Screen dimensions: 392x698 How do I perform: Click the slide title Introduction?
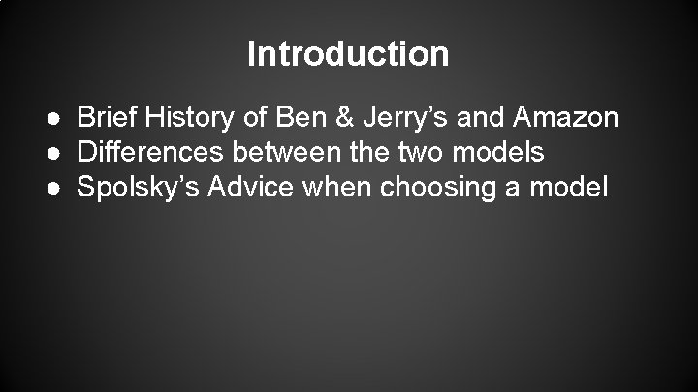348,53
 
